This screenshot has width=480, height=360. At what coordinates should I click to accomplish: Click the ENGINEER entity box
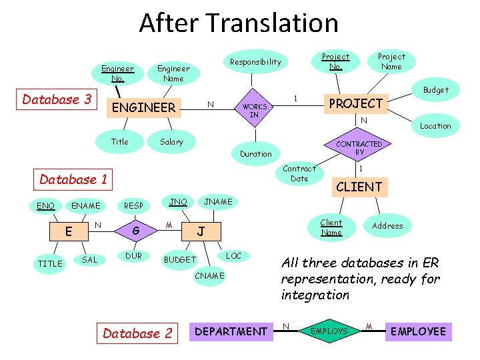[x=144, y=107]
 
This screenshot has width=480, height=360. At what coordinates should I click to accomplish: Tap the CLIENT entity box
[x=359, y=187]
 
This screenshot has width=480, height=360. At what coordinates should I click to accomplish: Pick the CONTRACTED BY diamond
[x=359, y=148]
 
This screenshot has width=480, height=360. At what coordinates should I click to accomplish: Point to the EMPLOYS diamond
[x=330, y=331]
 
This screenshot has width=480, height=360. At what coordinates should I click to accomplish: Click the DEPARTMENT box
[x=231, y=331]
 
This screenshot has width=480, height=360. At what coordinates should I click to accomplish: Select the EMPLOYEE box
[x=418, y=331]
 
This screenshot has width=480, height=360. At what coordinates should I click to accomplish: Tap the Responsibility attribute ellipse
[x=255, y=62]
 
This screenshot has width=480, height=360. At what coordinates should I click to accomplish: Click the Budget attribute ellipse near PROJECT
[x=435, y=90]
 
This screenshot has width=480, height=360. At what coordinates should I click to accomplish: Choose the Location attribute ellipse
[x=435, y=126]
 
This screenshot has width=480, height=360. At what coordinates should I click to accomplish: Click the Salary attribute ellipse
[x=171, y=142]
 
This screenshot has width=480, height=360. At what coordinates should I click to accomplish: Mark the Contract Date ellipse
[x=299, y=173]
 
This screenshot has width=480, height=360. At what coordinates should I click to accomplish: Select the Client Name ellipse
[x=331, y=227]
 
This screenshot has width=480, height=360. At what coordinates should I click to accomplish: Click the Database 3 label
[x=57, y=100]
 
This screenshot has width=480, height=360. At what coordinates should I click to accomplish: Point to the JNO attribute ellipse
[x=178, y=201]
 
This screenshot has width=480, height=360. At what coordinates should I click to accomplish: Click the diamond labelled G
[x=135, y=231]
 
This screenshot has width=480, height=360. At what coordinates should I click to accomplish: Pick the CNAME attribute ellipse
[x=210, y=275]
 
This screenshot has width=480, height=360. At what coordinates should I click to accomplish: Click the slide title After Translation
[x=239, y=23]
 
